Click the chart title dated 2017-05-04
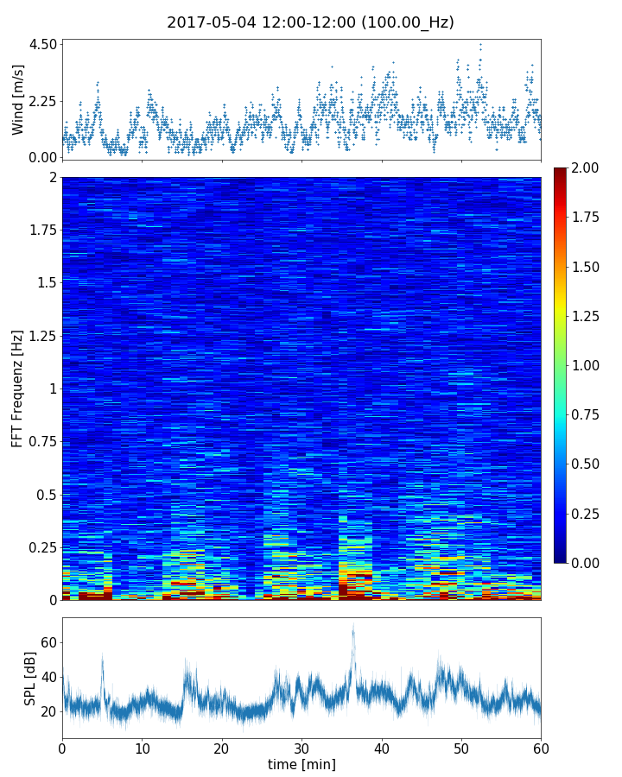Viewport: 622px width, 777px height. tap(310, 22)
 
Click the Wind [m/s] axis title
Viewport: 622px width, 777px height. tap(18, 98)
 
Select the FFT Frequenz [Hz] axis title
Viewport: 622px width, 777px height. tap(18, 388)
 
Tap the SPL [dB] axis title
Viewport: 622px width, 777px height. tap(30, 678)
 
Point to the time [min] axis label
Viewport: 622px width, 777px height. tap(301, 764)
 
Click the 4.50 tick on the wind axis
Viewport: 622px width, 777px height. tap(43, 44)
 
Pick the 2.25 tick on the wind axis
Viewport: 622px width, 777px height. tap(43, 101)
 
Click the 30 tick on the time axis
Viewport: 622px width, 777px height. tap(301, 747)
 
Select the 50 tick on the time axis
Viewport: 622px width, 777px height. tap(461, 747)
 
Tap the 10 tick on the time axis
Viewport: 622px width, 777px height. tap(142, 747)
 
